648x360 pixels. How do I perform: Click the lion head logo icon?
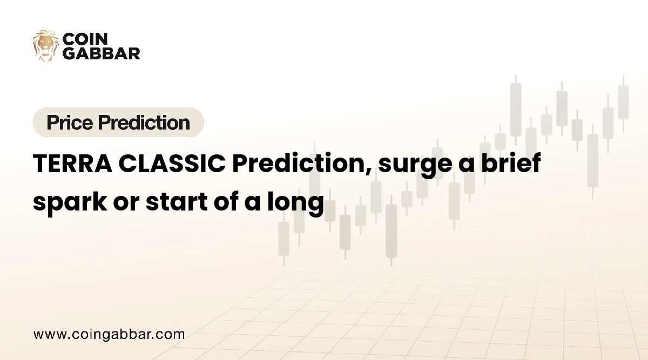pos(45,46)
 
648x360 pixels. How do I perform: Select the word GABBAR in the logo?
pos(102,53)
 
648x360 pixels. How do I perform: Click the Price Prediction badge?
pos(118,123)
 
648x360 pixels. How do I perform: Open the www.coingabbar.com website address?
pos(109,334)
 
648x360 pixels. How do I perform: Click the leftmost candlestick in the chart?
pos(283,238)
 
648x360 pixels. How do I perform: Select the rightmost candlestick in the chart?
pos(623,102)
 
